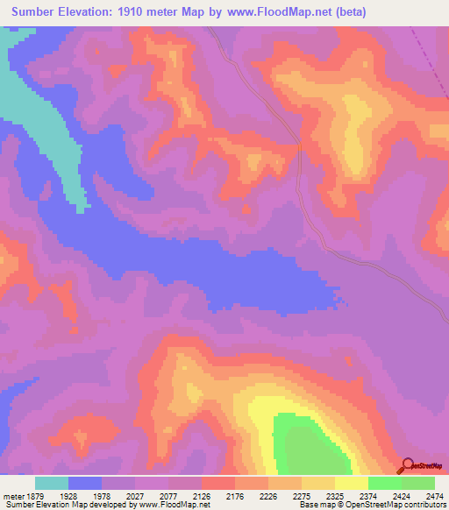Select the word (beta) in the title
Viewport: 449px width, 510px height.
click(x=346, y=12)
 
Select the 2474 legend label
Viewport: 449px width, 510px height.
click(x=434, y=496)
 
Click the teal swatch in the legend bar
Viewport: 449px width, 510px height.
click(x=52, y=483)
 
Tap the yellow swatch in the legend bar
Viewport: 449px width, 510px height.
click(x=351, y=483)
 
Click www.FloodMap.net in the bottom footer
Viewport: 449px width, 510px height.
click(x=175, y=506)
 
